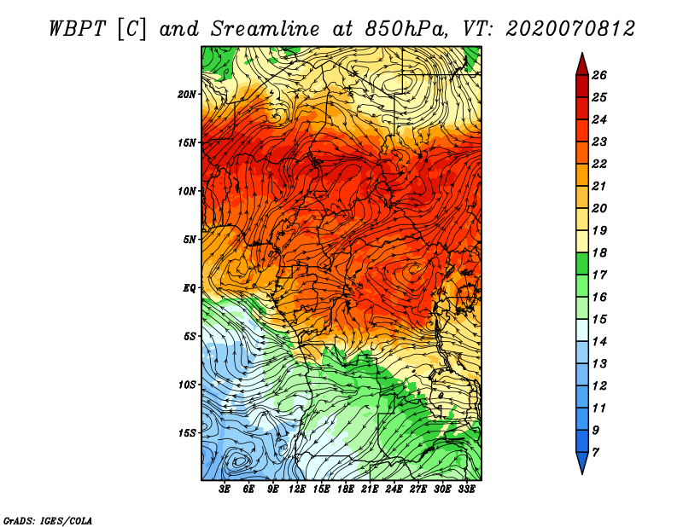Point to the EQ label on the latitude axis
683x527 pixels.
pos(190,287)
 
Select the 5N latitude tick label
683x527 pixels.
pos(190,239)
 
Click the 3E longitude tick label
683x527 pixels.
pos(225,489)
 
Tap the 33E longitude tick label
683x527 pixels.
pos(467,489)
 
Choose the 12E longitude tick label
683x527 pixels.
pos(298,489)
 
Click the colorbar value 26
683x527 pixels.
pos(598,75)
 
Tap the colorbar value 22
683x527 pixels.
pos(598,163)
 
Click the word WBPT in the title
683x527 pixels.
pos(79,28)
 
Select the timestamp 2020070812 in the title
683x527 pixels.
pos(569,28)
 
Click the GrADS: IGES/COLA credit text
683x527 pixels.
pos(48,519)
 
